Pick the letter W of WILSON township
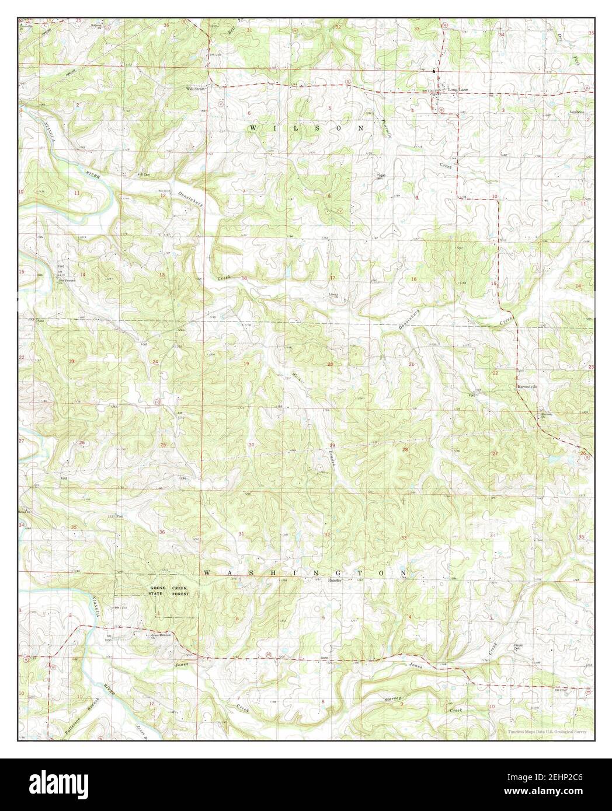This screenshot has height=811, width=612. [253, 127]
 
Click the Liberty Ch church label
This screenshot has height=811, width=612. [333, 295]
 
